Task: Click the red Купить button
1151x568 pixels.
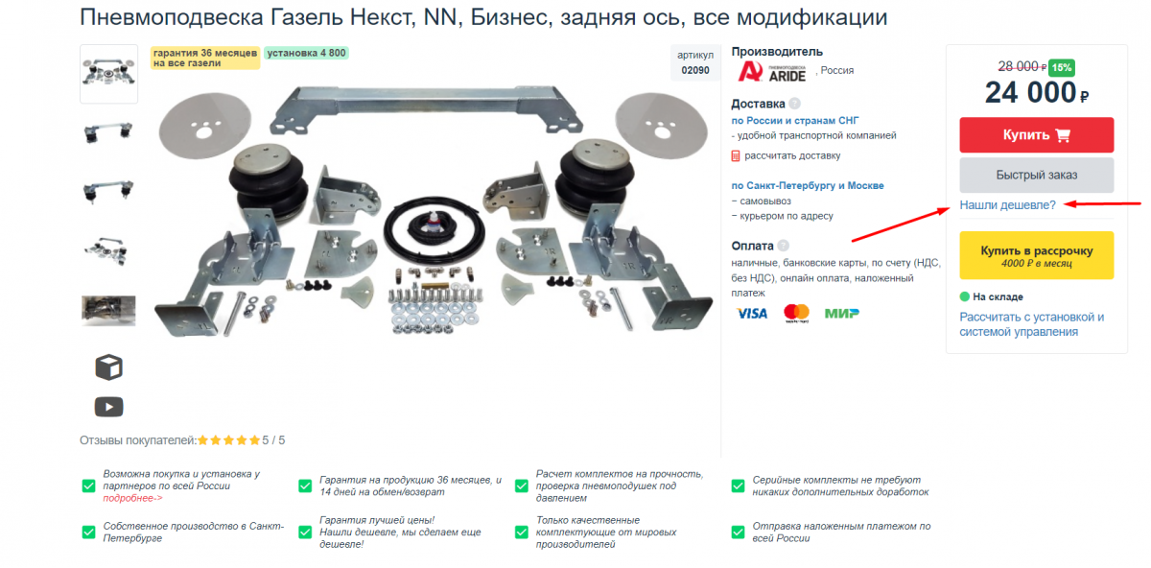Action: pos(1036,135)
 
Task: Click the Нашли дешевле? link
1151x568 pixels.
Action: pos(1007,205)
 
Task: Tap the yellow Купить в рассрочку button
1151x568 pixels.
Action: pos(1036,255)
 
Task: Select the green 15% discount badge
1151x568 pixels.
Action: pos(1061,67)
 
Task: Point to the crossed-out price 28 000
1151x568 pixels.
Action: pos(1021,67)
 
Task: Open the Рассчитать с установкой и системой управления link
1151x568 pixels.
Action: pos(1031,324)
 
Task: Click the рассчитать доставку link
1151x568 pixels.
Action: pos(792,155)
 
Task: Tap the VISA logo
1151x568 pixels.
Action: pos(751,313)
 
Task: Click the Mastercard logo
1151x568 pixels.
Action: pos(796,314)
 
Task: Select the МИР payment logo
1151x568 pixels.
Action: pos(841,313)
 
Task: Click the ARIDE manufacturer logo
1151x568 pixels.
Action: pos(772,71)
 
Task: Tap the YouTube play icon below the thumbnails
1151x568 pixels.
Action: pos(108,407)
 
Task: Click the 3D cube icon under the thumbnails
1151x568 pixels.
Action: pos(108,367)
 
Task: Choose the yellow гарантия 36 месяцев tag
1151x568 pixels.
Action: pos(204,58)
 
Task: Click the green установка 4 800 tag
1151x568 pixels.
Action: pos(307,53)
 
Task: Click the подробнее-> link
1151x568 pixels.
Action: pos(132,498)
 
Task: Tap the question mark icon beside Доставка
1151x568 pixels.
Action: pos(794,104)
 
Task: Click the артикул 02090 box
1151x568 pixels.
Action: pos(695,63)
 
